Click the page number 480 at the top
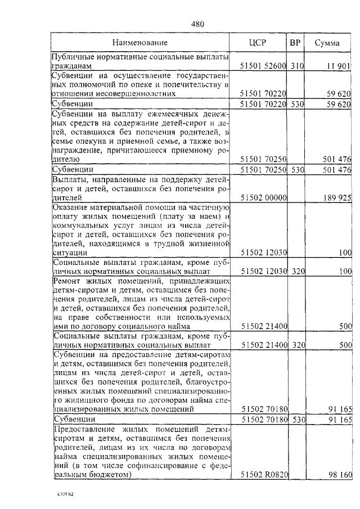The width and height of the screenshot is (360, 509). point(197,24)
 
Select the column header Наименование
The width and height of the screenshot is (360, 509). point(139,42)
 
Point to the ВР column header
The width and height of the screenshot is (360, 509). point(295,42)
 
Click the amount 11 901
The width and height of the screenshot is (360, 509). point(339,66)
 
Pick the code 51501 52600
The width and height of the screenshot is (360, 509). point(263,66)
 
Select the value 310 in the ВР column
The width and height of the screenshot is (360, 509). point(297,66)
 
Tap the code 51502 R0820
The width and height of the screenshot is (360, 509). point(263,475)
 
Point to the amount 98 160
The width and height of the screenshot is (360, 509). point(340,475)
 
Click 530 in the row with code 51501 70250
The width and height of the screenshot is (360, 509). point(297,169)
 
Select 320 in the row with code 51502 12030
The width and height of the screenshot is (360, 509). point(297,271)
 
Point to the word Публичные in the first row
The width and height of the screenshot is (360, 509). point(74,57)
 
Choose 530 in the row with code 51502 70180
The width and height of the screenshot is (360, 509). point(297,419)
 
